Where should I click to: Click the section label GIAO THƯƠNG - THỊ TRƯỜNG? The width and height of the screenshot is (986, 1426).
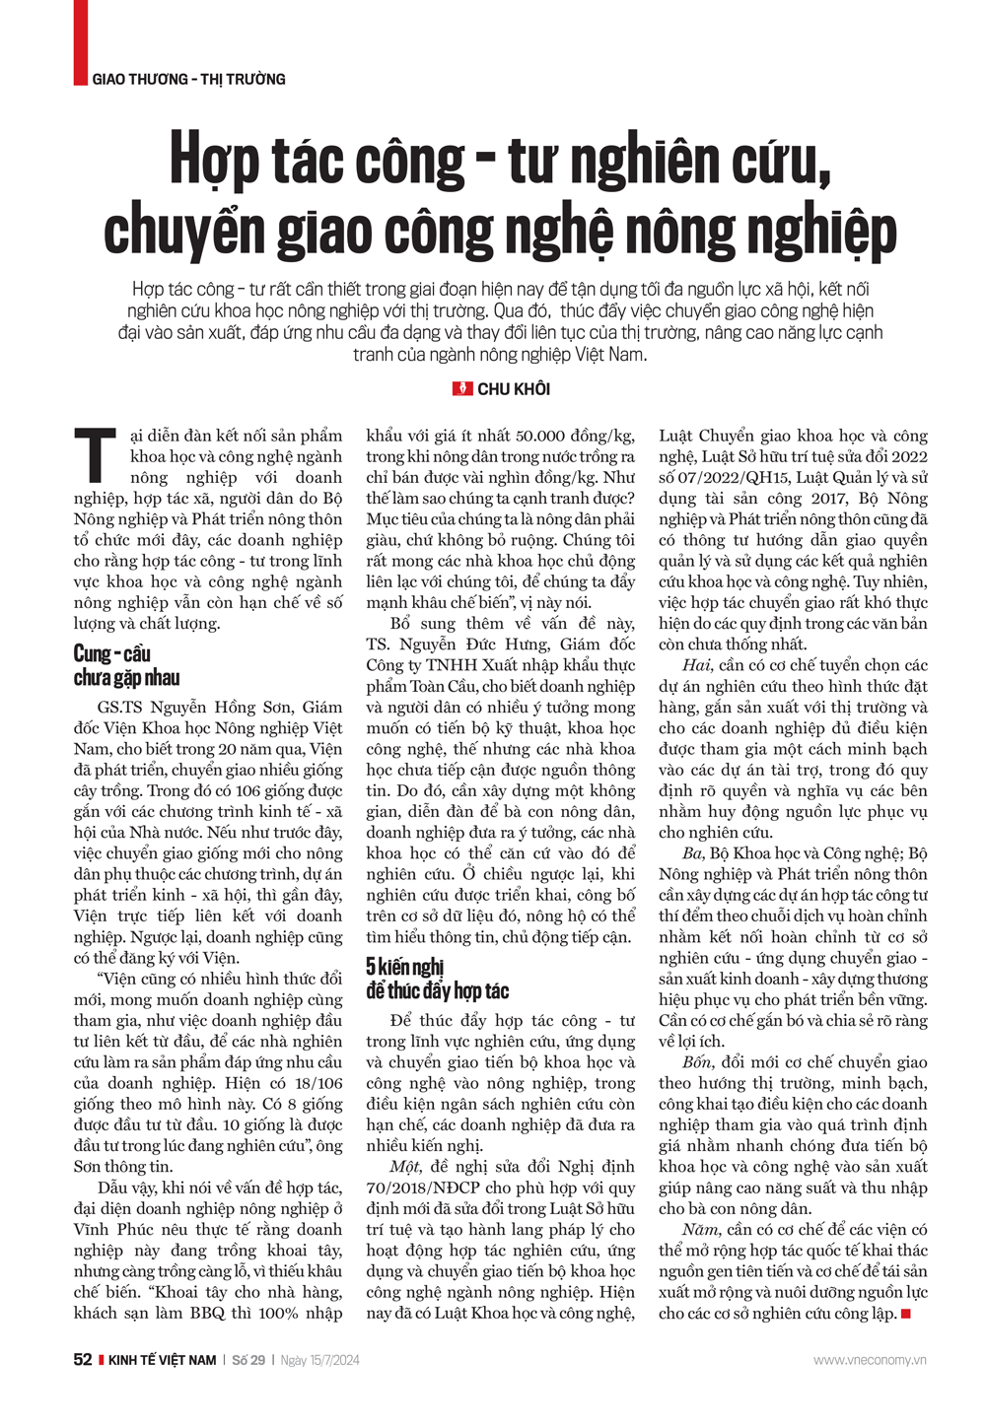click(x=188, y=79)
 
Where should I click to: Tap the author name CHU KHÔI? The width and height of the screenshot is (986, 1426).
click(x=514, y=389)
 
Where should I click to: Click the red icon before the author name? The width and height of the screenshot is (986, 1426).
click(x=462, y=389)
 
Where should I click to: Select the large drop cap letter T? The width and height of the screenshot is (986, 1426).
click(x=96, y=456)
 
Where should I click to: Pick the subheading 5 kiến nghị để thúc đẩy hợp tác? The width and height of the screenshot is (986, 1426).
click(x=437, y=978)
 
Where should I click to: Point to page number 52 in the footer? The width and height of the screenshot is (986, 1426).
click(x=83, y=1360)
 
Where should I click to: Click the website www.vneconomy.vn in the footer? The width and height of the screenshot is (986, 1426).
click(x=870, y=1360)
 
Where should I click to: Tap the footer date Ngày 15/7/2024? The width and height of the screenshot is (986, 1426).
click(x=319, y=1360)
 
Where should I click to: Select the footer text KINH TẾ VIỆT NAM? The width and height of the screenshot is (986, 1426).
click(x=162, y=1360)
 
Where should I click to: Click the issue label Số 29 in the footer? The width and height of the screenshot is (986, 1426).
click(x=248, y=1360)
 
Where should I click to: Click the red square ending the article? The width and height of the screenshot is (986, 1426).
click(x=905, y=1314)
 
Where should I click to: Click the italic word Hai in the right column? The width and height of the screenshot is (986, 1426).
click(x=696, y=665)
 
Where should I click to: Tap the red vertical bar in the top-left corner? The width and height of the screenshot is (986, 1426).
click(x=80, y=42)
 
